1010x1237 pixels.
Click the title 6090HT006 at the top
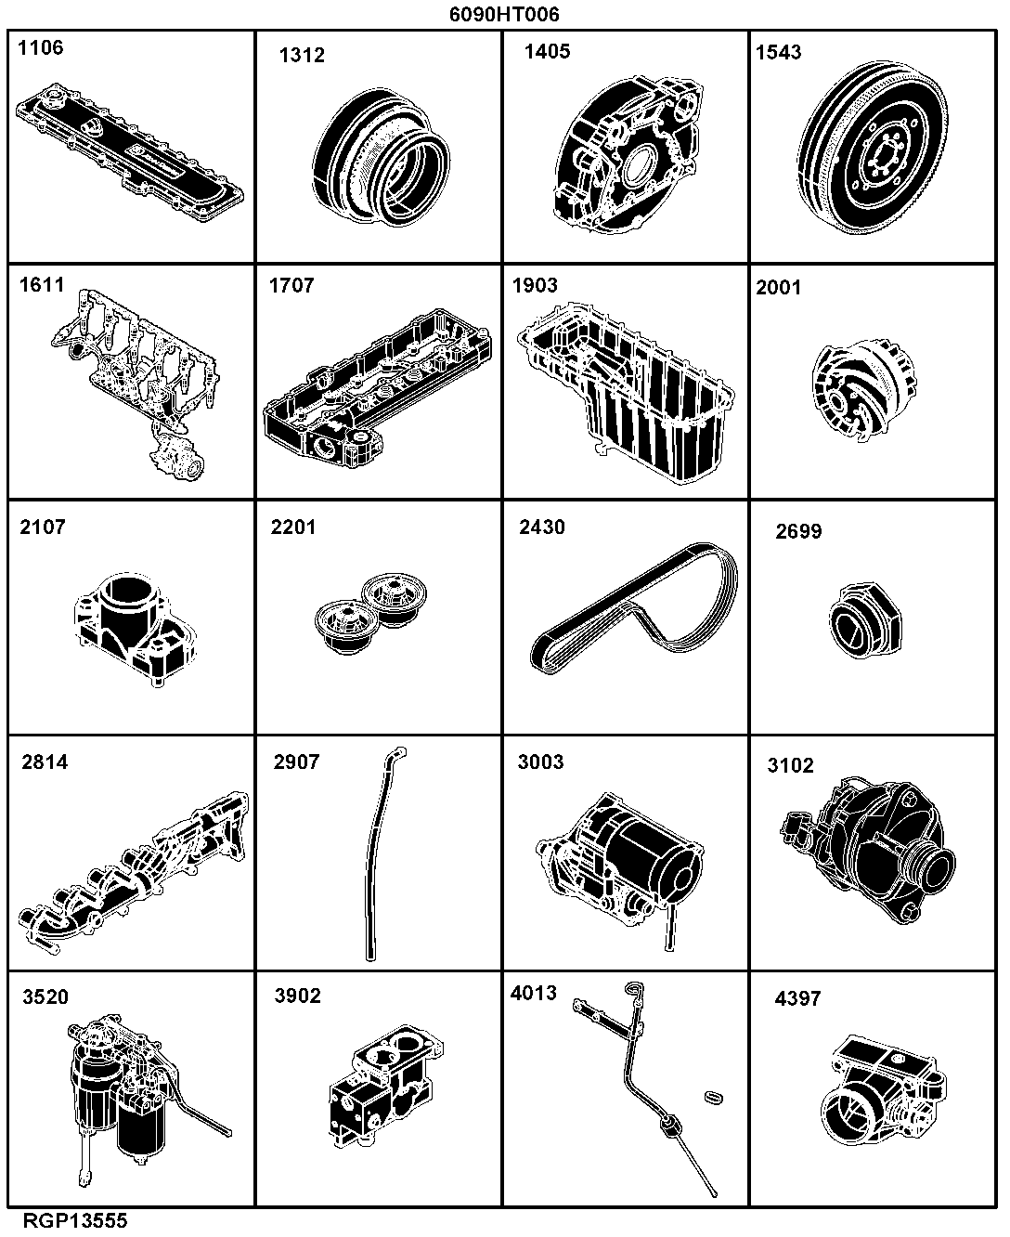click(x=504, y=14)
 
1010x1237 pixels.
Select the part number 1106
click(x=41, y=47)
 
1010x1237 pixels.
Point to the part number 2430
click(x=541, y=527)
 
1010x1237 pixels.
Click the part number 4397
click(x=797, y=998)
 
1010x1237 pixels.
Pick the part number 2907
click(x=297, y=762)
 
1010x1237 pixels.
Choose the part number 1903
click(x=535, y=285)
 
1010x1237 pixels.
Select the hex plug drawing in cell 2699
click(x=866, y=620)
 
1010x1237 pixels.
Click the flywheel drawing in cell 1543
click(x=873, y=148)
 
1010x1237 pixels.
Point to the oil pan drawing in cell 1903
click(x=626, y=392)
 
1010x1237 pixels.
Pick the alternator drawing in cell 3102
click(x=868, y=850)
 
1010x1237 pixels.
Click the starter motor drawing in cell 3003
click(x=620, y=861)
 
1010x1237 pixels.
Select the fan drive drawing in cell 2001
click(x=864, y=390)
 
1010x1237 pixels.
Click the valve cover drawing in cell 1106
click(x=130, y=152)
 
